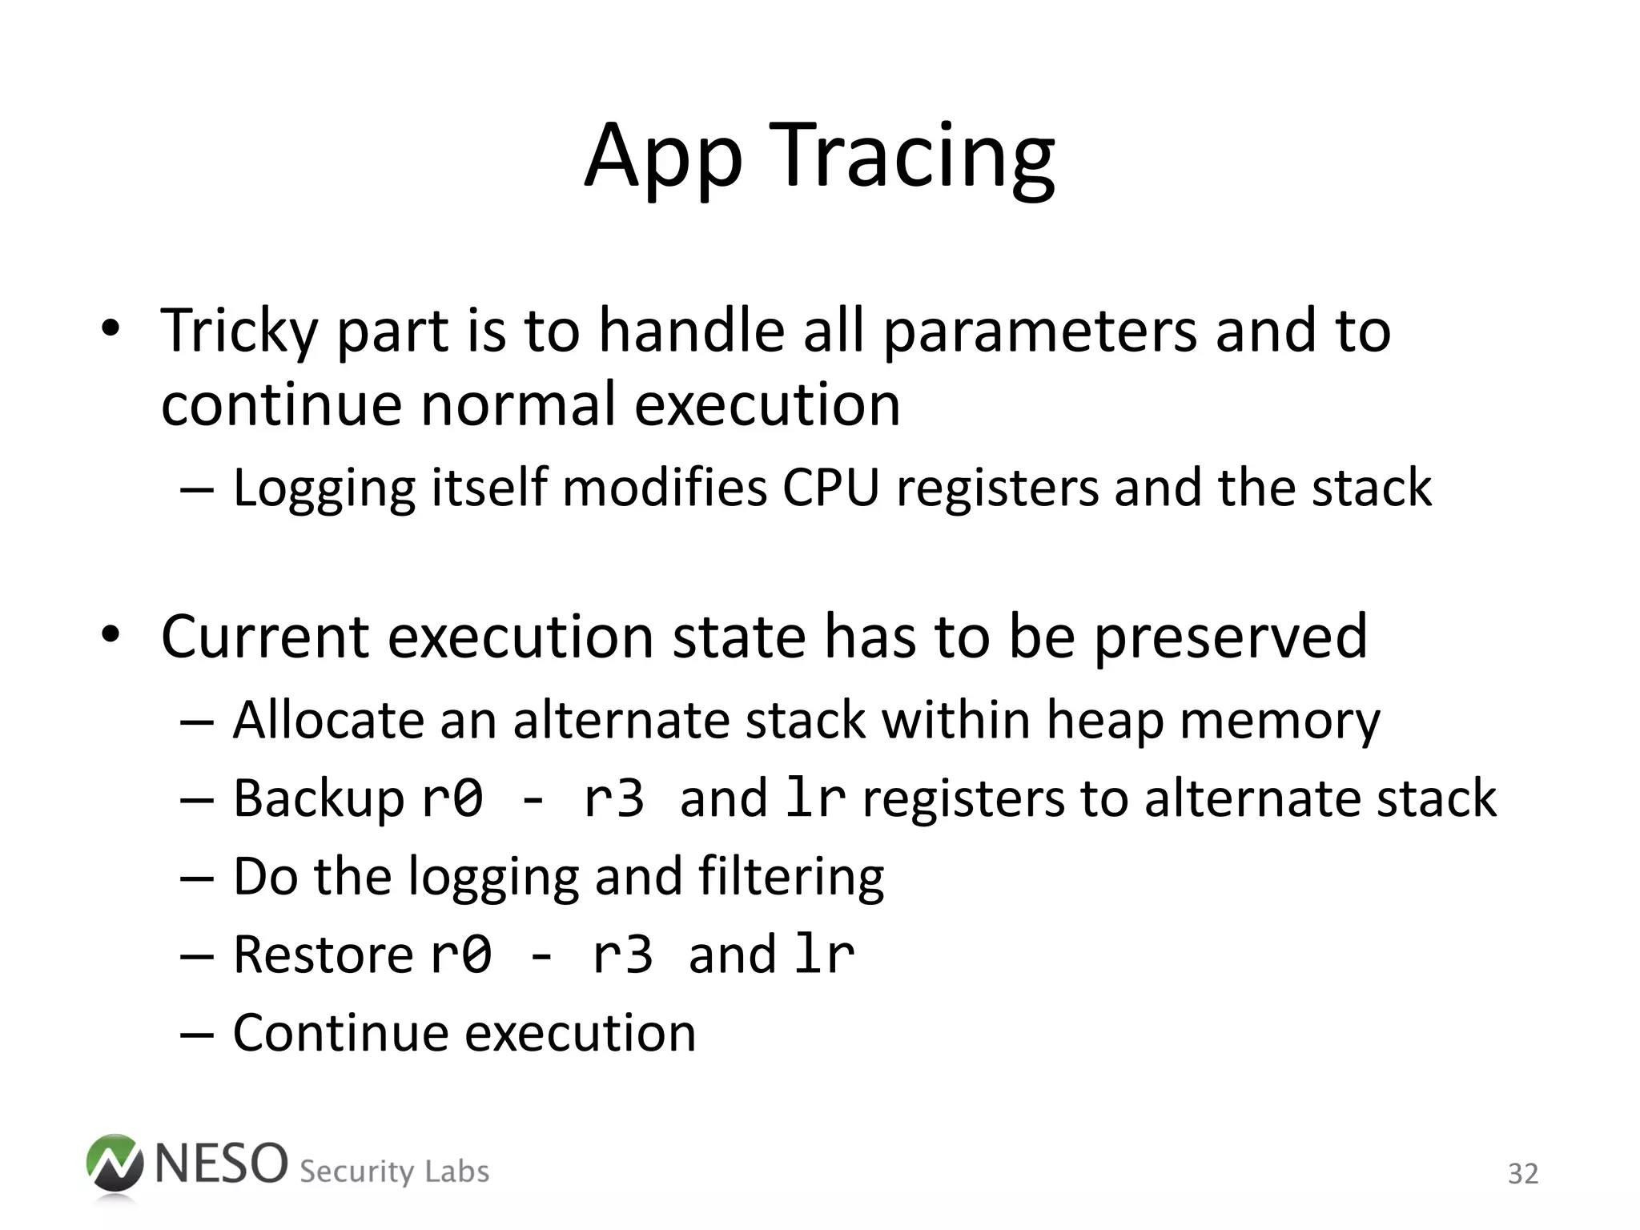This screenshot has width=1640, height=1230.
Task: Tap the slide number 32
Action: click(x=1522, y=1174)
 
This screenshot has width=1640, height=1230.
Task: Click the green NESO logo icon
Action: click(x=114, y=1164)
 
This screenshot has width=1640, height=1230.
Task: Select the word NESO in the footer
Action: click(x=220, y=1164)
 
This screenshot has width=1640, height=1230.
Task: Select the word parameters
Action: click(x=1039, y=332)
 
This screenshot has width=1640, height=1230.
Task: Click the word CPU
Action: click(x=830, y=488)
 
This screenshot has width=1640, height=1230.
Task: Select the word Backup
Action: click(x=319, y=799)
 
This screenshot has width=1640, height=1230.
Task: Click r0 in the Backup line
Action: click(x=452, y=799)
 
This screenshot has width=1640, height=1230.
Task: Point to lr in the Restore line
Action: click(x=824, y=955)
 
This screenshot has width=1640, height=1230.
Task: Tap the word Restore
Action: click(x=323, y=955)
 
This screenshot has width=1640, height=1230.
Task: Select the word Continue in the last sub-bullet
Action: click(x=340, y=1033)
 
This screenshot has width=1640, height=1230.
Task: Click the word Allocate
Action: click(x=328, y=721)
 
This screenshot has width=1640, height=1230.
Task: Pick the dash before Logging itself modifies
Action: click(x=197, y=489)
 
